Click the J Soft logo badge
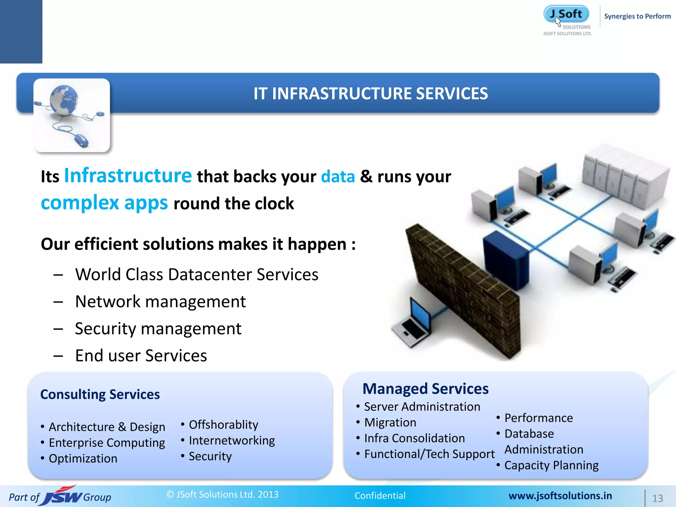566,14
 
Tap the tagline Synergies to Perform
637,16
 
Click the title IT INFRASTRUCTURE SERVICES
370,93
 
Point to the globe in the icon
64,100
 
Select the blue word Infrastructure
128,175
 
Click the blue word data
338,177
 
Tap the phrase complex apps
104,203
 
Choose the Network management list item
160,301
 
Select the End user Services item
141,355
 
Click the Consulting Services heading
100,394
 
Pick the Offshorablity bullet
223,425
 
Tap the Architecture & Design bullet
107,427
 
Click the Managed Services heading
425,389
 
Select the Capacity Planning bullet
551,465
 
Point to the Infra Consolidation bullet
414,438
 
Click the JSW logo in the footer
63,496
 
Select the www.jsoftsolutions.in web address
560,496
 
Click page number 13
657,498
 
